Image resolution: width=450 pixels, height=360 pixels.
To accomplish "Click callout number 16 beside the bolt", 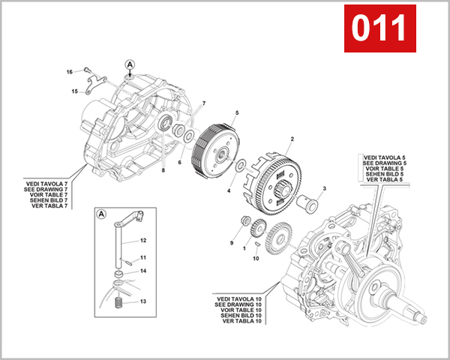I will pyautogui.click(x=69, y=72).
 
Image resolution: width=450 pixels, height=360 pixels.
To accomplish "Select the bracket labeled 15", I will pyautogui.click(x=91, y=82).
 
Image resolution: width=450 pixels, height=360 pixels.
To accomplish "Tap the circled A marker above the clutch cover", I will pyautogui.click(x=130, y=65).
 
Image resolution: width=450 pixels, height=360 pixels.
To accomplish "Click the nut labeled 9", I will pyautogui.click(x=244, y=222).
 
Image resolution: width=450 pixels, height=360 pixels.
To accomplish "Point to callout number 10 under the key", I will pyautogui.click(x=256, y=259).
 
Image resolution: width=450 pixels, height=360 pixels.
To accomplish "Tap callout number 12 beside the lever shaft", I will pyautogui.click(x=143, y=241).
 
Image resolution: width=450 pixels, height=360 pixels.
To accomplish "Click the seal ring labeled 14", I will pyautogui.click(x=120, y=281).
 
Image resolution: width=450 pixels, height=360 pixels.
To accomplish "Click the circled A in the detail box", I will pyautogui.click(x=102, y=215).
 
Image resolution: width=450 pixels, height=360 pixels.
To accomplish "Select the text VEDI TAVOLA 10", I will pyautogui.click(x=238, y=298).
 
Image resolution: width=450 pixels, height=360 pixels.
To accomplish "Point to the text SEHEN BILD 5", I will pyautogui.click(x=384, y=175).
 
